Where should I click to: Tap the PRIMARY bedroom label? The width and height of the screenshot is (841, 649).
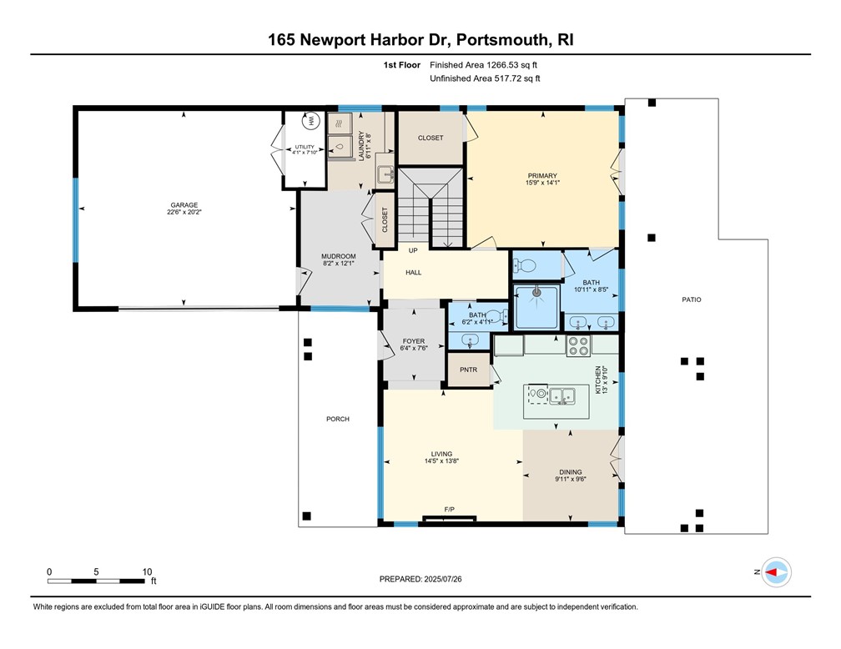pyautogui.click(x=541, y=175)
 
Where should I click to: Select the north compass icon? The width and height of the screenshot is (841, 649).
pyautogui.click(x=776, y=572)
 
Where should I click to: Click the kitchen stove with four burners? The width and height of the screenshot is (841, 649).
pyautogui.click(x=578, y=345)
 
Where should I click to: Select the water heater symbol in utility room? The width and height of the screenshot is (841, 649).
pyautogui.click(x=312, y=121)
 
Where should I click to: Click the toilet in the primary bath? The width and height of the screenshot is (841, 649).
pyautogui.click(x=523, y=266)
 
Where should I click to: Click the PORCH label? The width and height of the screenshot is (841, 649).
pyautogui.click(x=338, y=419)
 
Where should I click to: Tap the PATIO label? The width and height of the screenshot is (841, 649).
pyautogui.click(x=691, y=299)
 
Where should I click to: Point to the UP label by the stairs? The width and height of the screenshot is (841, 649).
pyautogui.click(x=413, y=250)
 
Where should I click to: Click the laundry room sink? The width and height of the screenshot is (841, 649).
pyautogui.click(x=385, y=174)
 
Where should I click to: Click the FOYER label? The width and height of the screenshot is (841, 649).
pyautogui.click(x=413, y=341)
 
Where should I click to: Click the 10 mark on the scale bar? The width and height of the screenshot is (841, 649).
pyautogui.click(x=147, y=571)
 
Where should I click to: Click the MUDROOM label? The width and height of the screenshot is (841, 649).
pyautogui.click(x=338, y=256)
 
